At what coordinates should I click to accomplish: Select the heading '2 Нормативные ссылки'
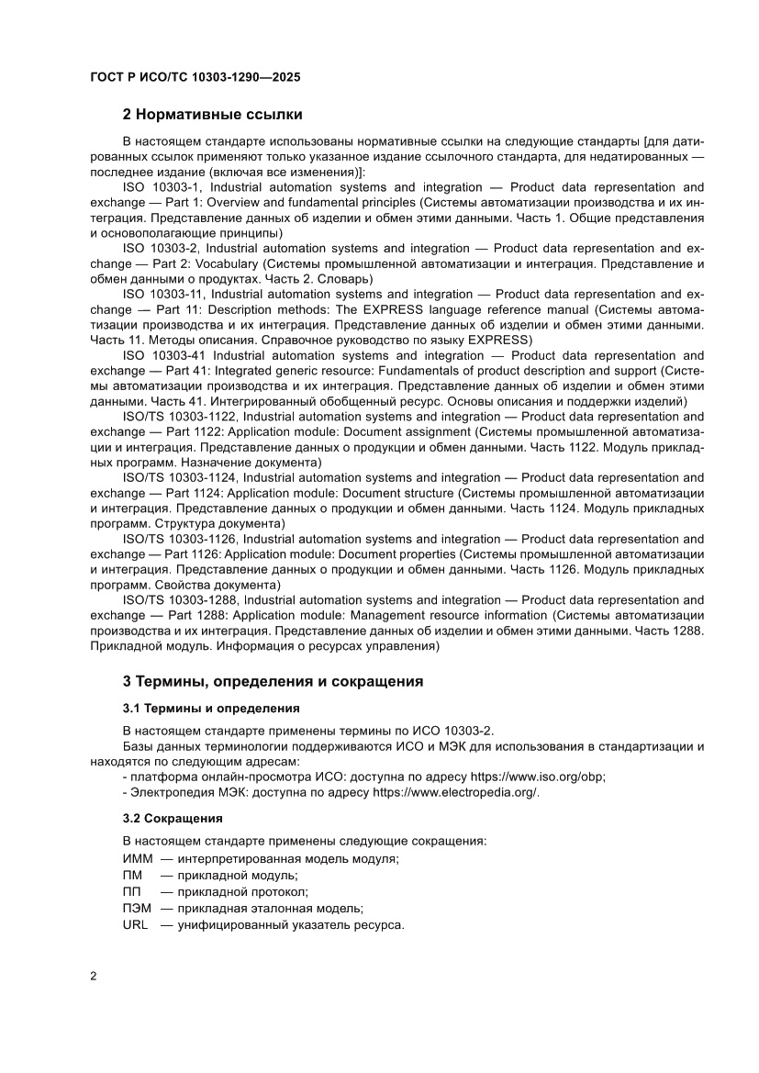point(212,115)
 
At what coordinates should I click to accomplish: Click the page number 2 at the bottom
point(94,976)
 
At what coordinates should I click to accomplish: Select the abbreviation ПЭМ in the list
point(138,908)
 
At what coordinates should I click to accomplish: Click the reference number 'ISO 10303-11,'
point(162,295)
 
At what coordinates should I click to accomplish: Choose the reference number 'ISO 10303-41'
point(162,355)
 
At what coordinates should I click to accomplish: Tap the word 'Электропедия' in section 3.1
point(169,792)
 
